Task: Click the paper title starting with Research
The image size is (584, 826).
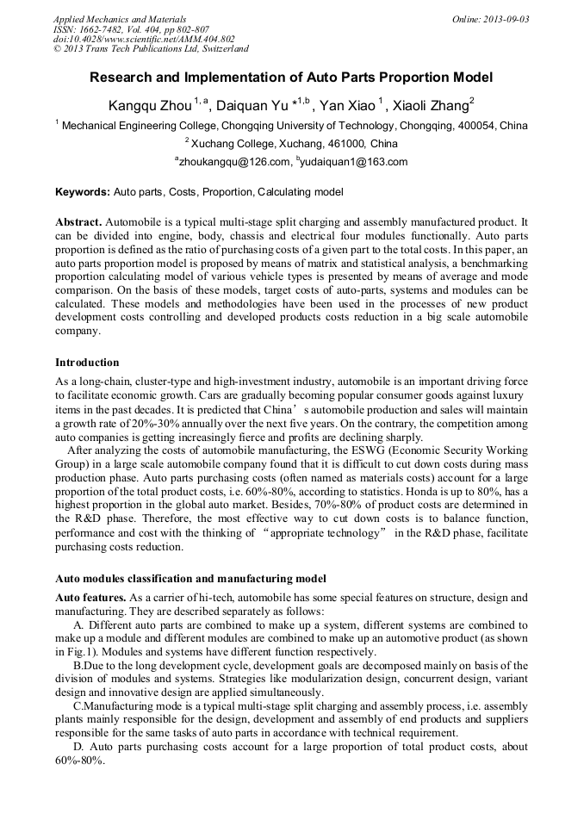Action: [291, 78]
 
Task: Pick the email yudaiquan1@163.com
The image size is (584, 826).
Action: [353, 161]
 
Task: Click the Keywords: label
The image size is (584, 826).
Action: [83, 192]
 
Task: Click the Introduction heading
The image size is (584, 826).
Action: [87, 362]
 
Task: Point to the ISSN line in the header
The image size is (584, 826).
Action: [112, 29]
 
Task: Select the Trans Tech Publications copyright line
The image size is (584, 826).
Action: [151, 49]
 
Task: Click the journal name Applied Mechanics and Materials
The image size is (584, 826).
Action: [119, 19]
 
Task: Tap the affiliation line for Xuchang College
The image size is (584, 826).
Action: [292, 143]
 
